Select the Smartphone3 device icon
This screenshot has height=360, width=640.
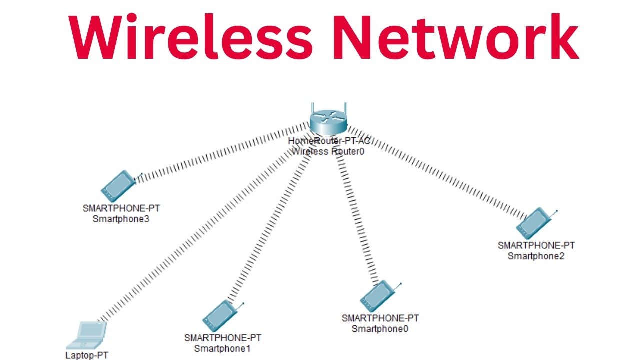119,186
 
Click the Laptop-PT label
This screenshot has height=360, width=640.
87,355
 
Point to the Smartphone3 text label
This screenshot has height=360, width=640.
121,219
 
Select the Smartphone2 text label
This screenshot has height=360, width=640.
536,256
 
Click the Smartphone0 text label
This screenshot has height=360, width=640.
380,328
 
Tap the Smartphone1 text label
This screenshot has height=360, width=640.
222,348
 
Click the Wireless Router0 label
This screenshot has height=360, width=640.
328,151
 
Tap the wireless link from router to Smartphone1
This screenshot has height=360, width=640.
270,220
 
